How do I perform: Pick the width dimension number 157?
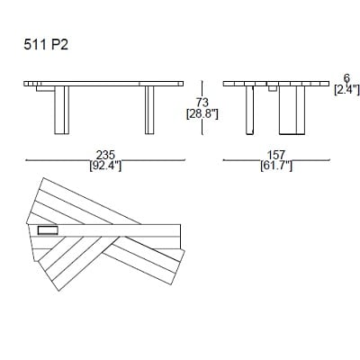275,154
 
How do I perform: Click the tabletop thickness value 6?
346,78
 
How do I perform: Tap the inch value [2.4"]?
346,89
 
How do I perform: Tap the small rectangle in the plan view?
48,231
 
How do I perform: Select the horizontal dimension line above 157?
275,159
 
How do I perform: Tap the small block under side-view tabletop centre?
272,89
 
